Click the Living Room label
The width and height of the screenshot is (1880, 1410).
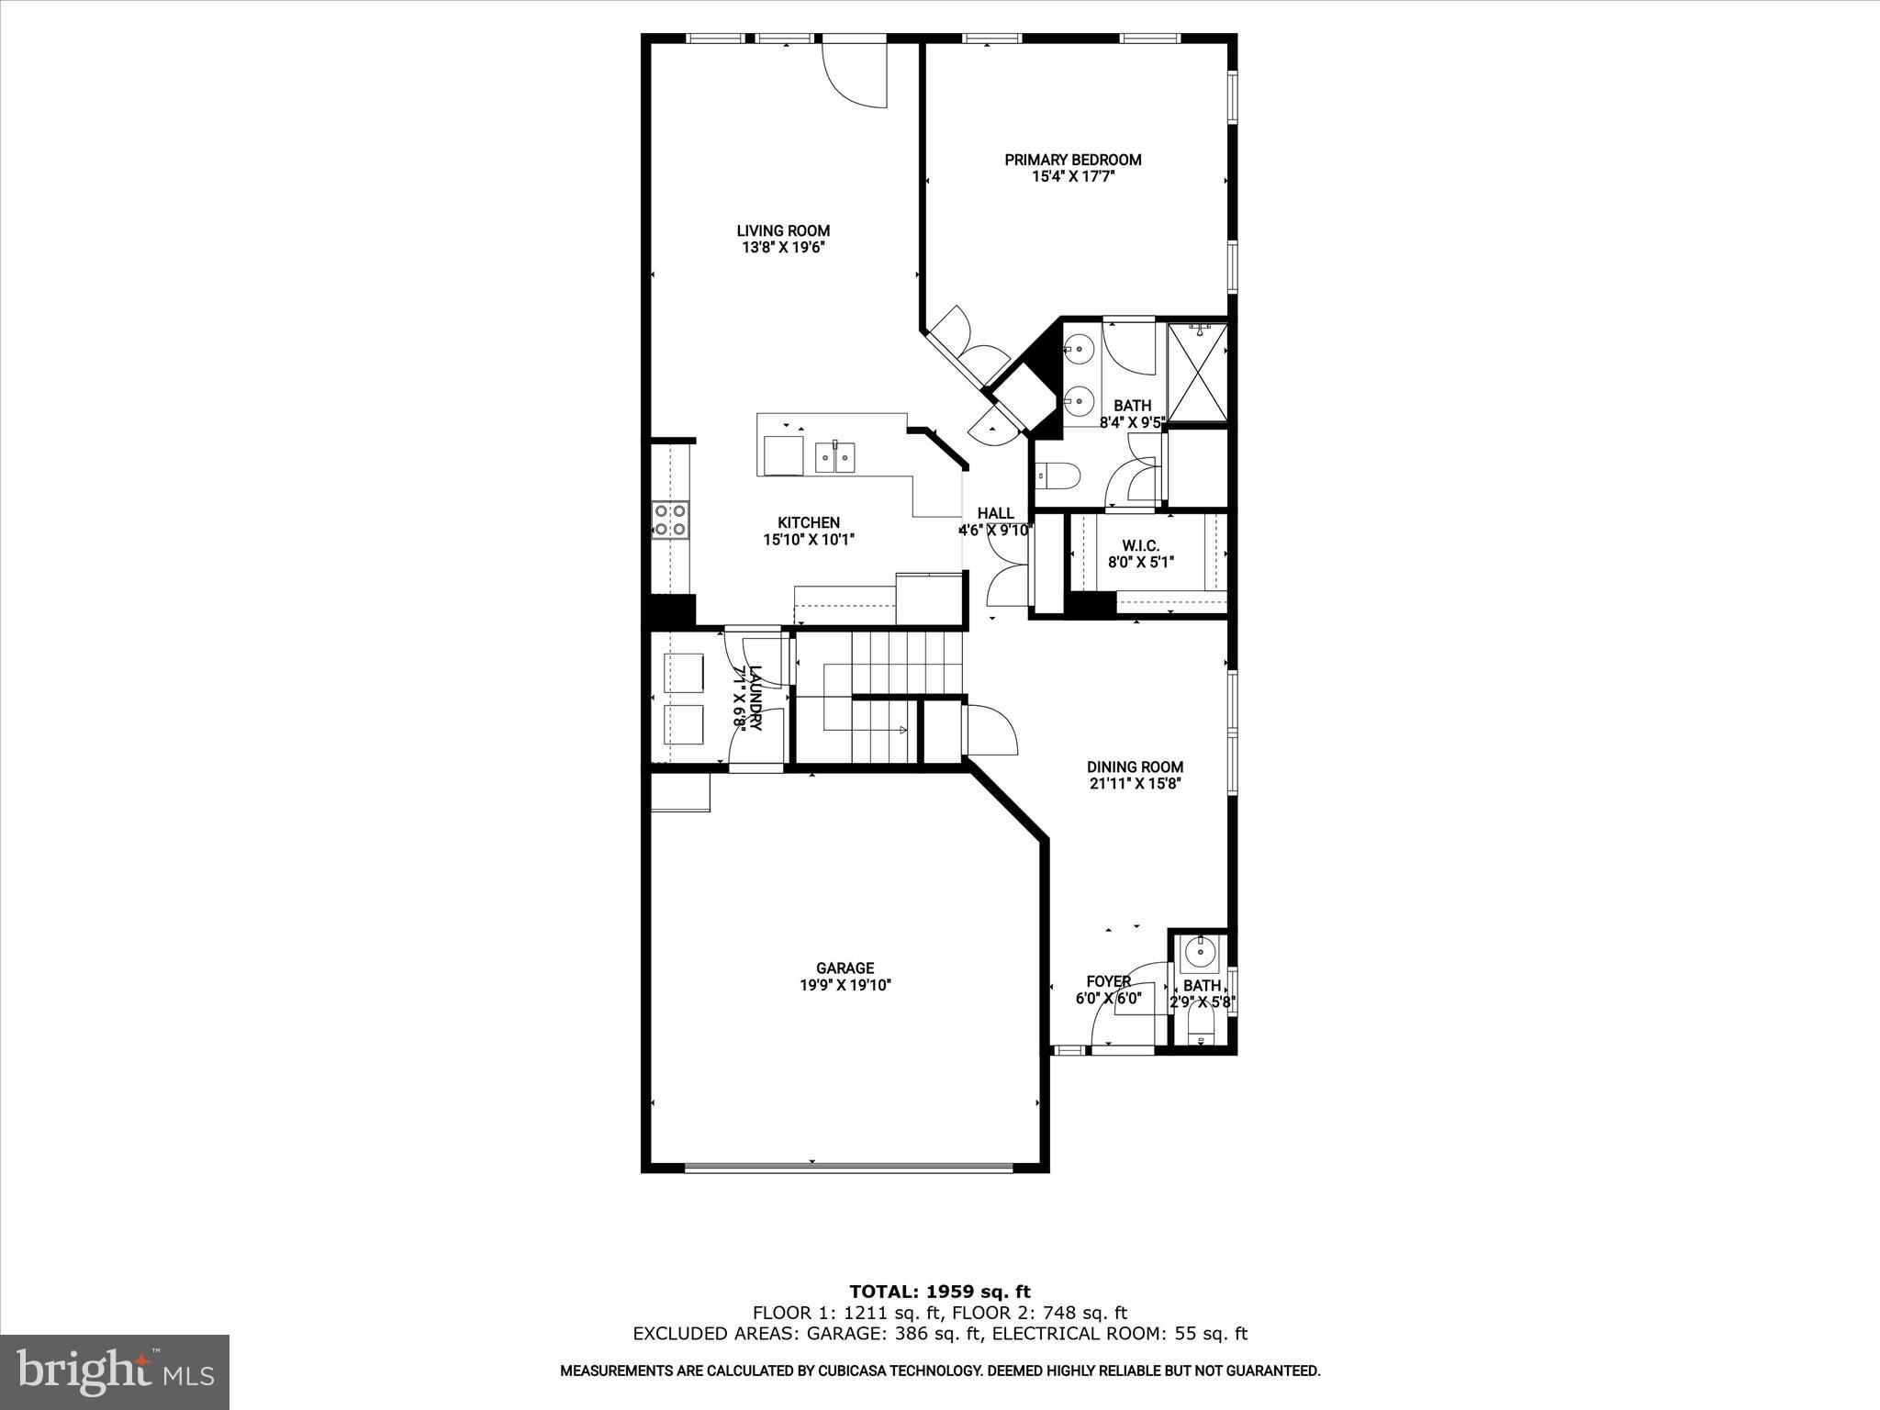(x=783, y=231)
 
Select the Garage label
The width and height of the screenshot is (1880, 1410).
(x=845, y=968)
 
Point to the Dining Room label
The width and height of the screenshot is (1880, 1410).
(x=1135, y=767)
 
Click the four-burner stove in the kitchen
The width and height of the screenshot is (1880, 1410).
(x=670, y=520)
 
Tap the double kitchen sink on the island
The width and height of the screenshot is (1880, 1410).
(x=835, y=456)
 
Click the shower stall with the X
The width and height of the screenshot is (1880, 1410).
(x=1197, y=372)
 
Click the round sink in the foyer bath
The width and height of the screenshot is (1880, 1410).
(x=1199, y=953)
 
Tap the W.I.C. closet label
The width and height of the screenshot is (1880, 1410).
(x=1140, y=545)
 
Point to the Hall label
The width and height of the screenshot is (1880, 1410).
(x=995, y=513)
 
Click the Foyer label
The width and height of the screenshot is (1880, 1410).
(x=1108, y=981)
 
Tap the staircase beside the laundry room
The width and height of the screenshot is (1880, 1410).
(x=881, y=698)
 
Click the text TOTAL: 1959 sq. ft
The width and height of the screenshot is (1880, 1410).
(x=940, y=1292)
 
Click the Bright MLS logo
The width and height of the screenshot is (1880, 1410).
(x=115, y=1371)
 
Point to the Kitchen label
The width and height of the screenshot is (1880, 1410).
(x=809, y=522)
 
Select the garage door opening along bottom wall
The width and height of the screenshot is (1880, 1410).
(x=848, y=1168)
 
